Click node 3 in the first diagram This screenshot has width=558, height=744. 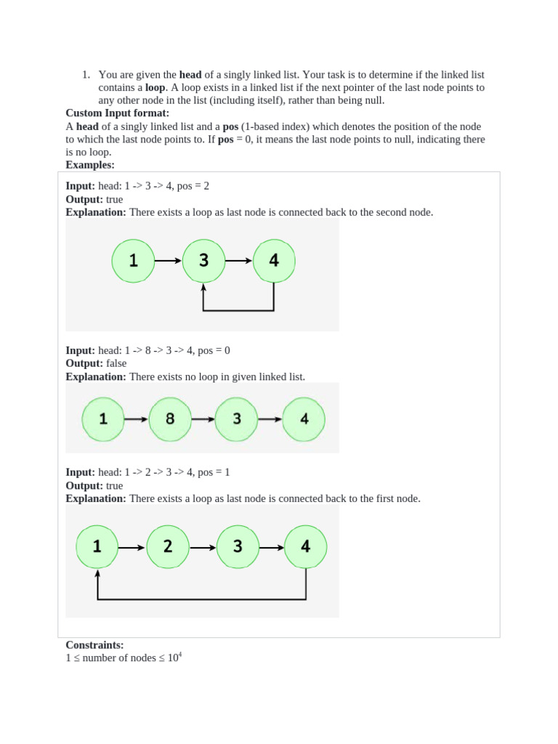pyautogui.click(x=203, y=260)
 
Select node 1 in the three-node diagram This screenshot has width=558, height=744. pyautogui.click(x=134, y=260)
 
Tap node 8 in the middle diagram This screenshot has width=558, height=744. pyautogui.click(x=170, y=419)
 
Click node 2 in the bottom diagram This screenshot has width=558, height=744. pyautogui.click(x=168, y=546)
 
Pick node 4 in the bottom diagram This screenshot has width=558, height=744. pyautogui.click(x=306, y=546)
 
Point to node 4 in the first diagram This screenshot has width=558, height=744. pyautogui.click(x=274, y=260)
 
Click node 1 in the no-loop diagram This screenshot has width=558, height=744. pyautogui.click(x=103, y=419)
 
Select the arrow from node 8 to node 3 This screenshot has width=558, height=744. pyautogui.click(x=203, y=419)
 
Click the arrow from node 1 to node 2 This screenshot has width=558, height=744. pyautogui.click(x=132, y=547)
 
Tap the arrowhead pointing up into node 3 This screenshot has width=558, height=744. pyautogui.click(x=203, y=286)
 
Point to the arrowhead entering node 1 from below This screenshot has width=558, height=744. pyautogui.click(x=97, y=573)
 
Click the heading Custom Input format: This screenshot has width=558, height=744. pyautogui.click(x=117, y=113)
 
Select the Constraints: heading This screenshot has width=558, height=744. pyautogui.click(x=94, y=644)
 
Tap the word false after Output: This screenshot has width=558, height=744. pyautogui.click(x=116, y=363)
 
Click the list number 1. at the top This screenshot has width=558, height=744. pyautogui.click(x=85, y=74)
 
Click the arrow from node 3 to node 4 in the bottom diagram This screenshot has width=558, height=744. pyautogui.click(x=272, y=547)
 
